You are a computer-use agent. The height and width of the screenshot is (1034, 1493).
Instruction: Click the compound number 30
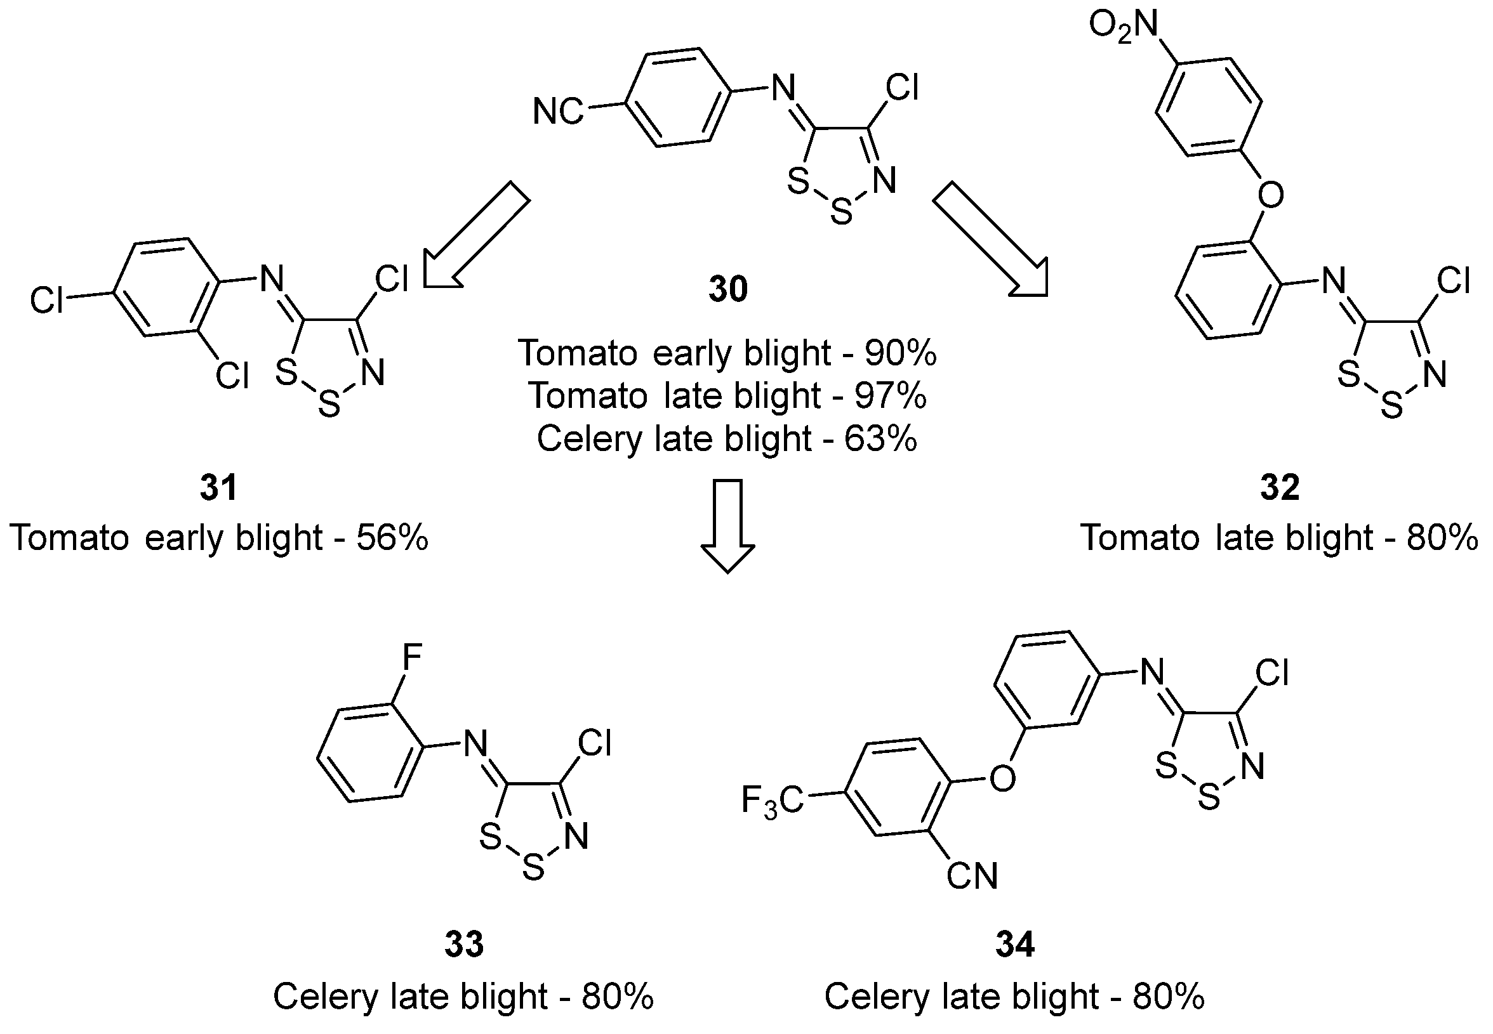727,290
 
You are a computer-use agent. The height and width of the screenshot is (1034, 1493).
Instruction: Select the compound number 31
218,487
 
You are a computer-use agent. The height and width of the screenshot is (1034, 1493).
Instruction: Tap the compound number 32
1279,487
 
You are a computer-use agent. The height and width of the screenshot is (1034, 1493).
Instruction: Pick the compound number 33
463,944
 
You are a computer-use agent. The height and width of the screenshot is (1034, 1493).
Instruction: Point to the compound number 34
1015,944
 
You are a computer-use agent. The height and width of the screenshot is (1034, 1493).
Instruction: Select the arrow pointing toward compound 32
991,240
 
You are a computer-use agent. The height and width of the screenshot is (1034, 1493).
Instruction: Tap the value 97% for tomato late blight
890,396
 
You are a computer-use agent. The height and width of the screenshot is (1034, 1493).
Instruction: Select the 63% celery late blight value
880,438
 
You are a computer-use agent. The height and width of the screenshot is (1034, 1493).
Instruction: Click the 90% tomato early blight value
901,353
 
